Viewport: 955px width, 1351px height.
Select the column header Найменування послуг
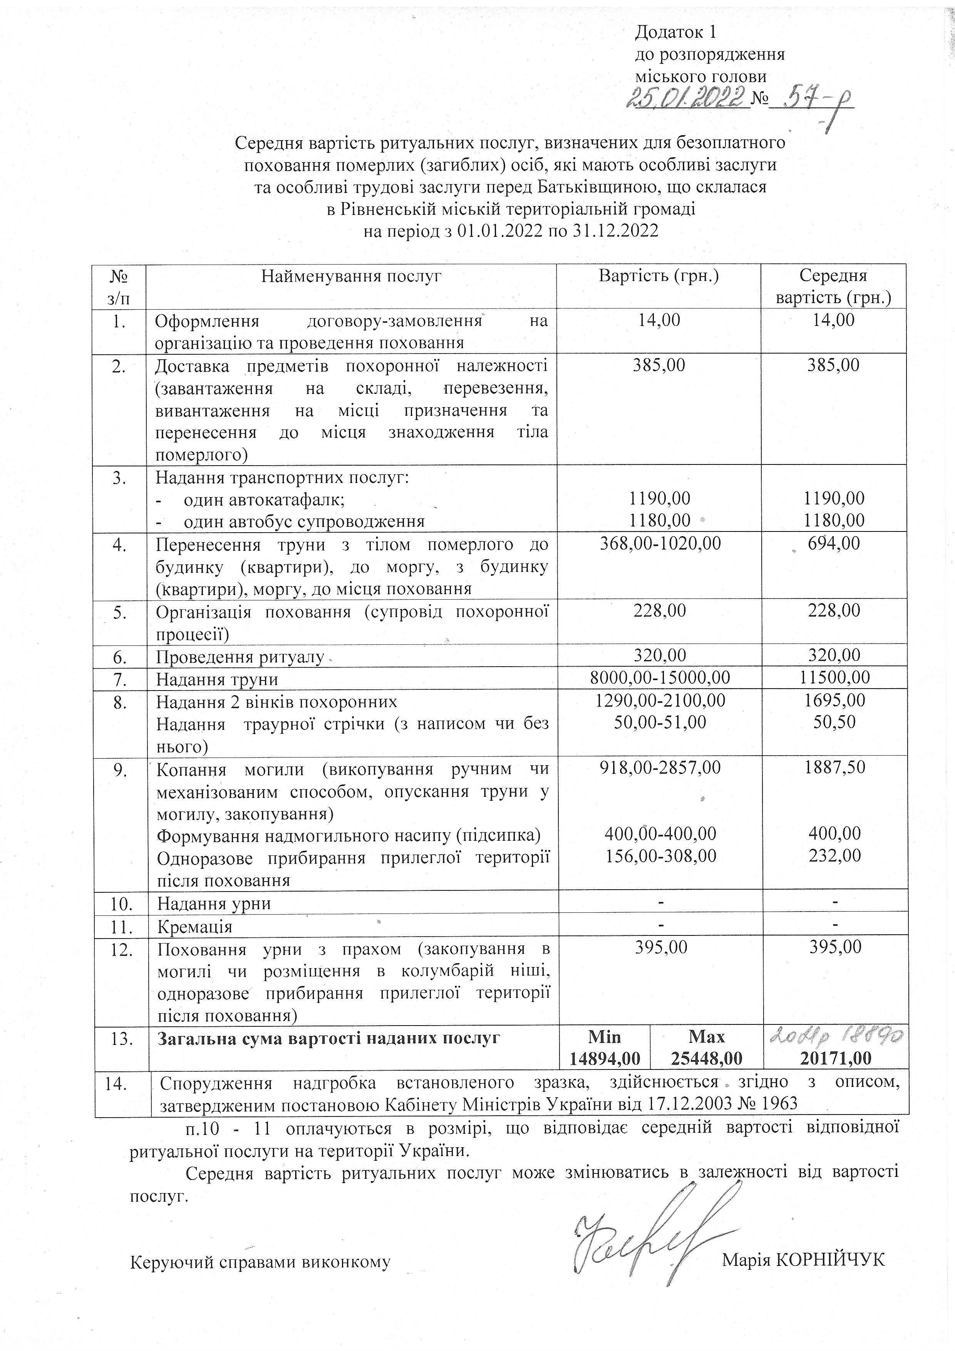tap(351, 276)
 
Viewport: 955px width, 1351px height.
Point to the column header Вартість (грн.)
tap(658, 276)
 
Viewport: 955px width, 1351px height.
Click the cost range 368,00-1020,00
tap(660, 543)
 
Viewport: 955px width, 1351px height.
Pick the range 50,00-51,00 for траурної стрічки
tap(660, 722)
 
